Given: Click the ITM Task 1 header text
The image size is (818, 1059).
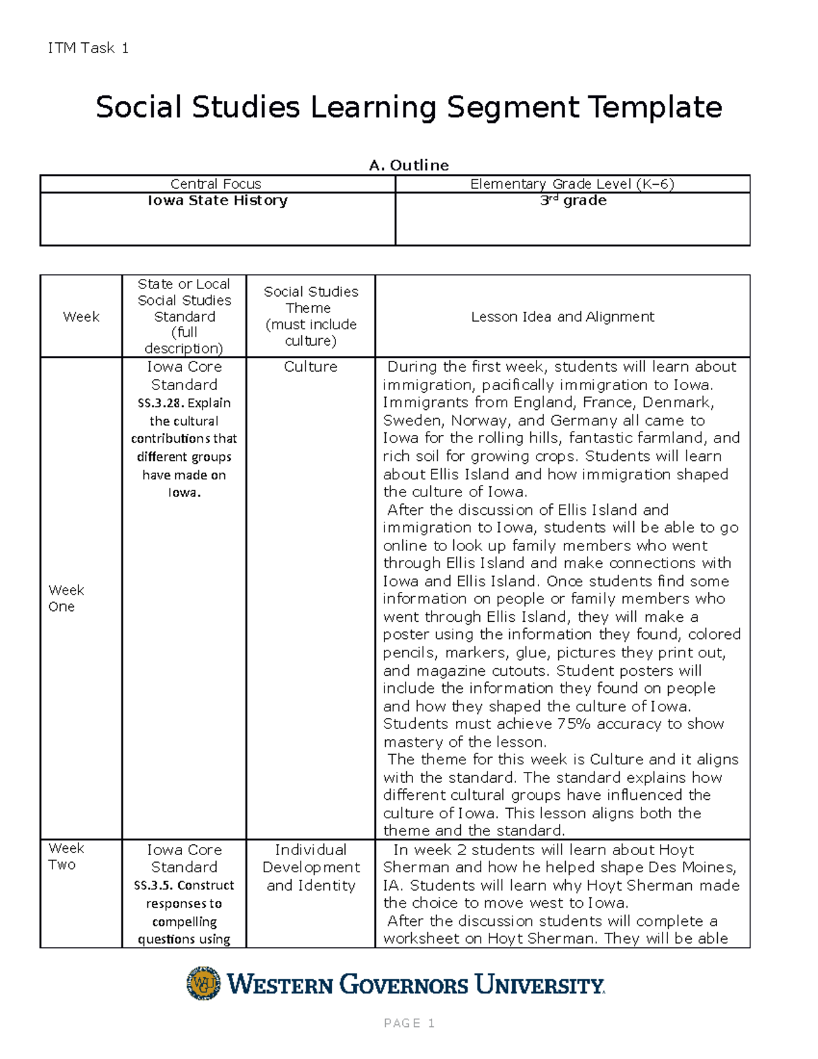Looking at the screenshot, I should coord(88,48).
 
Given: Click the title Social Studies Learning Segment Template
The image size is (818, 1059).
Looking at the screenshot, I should coord(408,107).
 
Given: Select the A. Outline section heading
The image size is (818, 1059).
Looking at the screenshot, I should coord(408,165).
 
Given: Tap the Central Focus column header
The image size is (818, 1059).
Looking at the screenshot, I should coord(215,183).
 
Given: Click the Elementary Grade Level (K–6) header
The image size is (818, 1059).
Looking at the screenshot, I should coord(572,183).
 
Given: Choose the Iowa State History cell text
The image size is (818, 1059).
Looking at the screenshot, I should coord(217,200).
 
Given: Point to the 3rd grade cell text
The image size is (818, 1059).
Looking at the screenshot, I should coord(573,200).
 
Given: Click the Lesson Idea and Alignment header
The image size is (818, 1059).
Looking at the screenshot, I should coord(562,316).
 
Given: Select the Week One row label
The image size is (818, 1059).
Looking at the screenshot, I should coord(66,598).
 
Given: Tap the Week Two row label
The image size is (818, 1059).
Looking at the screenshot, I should coord(66,856).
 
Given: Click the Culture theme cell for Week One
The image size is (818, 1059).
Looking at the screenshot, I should coord(310,367).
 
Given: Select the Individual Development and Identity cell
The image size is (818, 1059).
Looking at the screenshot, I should coord(311,867).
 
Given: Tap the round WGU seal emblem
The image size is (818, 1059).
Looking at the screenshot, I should coord(204,983).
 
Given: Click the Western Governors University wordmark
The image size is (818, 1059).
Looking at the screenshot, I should coord(416,984).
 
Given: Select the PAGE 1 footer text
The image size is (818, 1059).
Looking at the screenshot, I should coord(409,1023).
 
